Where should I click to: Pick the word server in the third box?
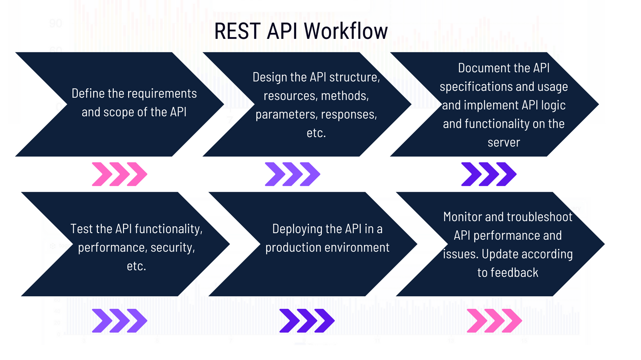pyautogui.click(x=503, y=142)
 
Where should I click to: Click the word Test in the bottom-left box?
pyautogui.click(x=82, y=229)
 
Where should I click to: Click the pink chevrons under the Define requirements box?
pyautogui.click(x=119, y=174)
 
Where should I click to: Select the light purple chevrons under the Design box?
pyautogui.click(x=292, y=174)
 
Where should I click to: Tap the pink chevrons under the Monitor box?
pyautogui.click(x=494, y=321)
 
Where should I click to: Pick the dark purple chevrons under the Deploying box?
pyautogui.click(x=307, y=321)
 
